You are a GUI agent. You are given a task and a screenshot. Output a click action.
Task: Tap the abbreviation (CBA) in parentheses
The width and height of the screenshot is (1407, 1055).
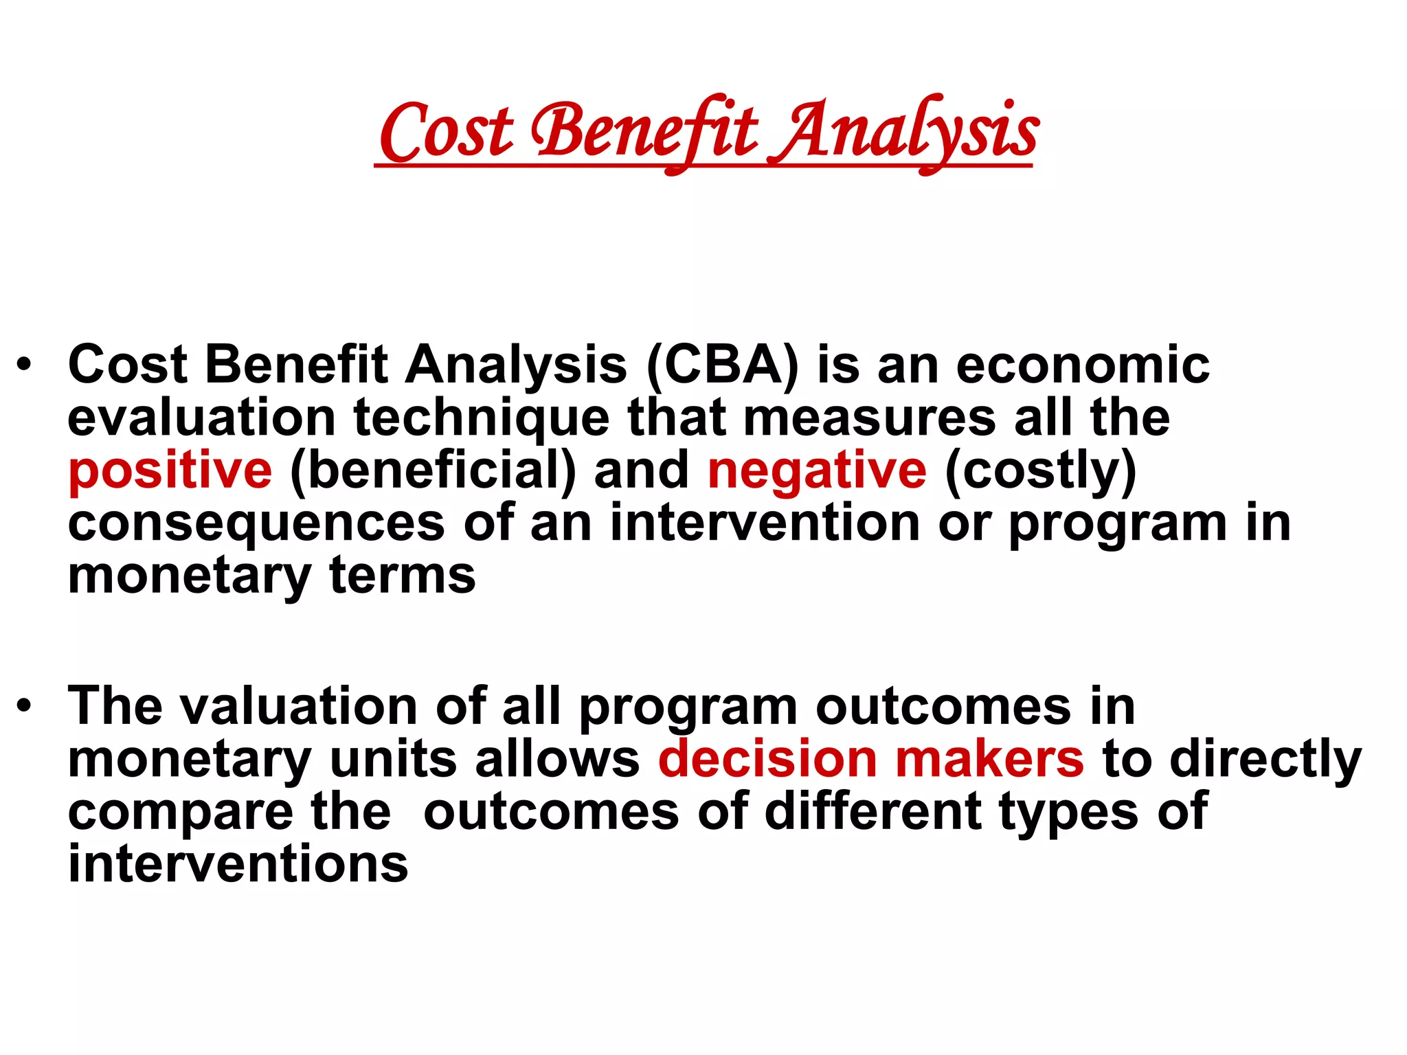pyautogui.click(x=723, y=365)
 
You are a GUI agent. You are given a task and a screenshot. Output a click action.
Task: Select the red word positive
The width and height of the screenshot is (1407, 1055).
pyautogui.click(x=170, y=471)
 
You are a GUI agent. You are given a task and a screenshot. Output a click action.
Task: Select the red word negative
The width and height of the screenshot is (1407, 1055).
pyautogui.click(x=817, y=471)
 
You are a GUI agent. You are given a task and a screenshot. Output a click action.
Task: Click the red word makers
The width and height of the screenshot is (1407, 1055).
pyautogui.click(x=989, y=760)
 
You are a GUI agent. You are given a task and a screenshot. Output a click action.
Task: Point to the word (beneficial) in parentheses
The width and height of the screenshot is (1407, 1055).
pyautogui.click(x=433, y=471)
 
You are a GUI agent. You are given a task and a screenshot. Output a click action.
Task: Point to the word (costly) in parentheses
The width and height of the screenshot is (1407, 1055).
pyautogui.click(x=1041, y=471)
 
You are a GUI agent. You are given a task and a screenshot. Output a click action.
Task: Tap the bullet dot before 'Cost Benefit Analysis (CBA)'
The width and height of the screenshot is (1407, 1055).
pyautogui.click(x=25, y=365)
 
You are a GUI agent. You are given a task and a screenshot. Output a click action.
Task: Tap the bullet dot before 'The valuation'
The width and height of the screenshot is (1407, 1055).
pyautogui.click(x=25, y=707)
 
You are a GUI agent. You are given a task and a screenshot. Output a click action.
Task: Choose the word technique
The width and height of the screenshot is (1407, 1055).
pyautogui.click(x=481, y=418)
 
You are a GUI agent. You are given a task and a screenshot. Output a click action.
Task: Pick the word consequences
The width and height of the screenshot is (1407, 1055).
pyautogui.click(x=256, y=523)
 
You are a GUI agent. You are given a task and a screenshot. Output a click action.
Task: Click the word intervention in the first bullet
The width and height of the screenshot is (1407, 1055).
pyautogui.click(x=765, y=523)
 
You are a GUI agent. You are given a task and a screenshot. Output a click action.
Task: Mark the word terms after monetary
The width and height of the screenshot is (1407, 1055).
pyautogui.click(x=402, y=576)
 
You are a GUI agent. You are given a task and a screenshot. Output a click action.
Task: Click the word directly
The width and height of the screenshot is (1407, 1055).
pyautogui.click(x=1265, y=760)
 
